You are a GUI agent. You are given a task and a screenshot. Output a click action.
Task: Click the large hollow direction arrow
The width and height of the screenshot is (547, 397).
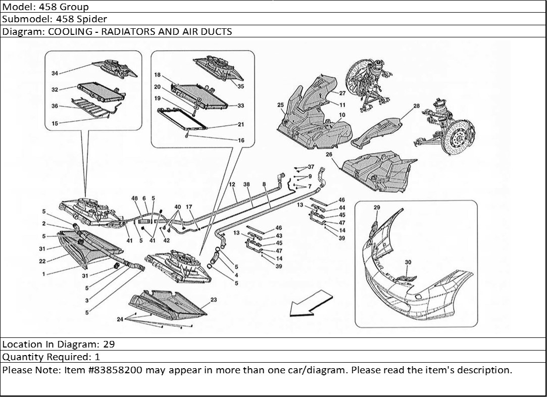[x=308, y=303]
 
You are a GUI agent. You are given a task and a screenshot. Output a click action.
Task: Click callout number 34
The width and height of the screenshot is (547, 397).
[x=54, y=74]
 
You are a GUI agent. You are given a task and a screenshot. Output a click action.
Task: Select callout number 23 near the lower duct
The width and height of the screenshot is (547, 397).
[x=213, y=300]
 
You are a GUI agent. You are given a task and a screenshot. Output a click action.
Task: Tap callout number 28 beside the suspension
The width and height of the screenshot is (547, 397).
[x=416, y=107]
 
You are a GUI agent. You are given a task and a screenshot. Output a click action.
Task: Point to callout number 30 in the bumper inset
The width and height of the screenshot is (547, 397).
[x=408, y=262]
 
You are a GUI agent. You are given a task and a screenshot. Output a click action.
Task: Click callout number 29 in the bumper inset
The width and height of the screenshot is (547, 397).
[x=376, y=208]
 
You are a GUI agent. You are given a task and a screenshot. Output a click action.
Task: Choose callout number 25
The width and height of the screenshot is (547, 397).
[x=280, y=105]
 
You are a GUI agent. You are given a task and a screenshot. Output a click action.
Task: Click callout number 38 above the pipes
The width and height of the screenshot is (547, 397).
[x=246, y=184]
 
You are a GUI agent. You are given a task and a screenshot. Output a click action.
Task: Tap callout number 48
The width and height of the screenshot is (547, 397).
[x=135, y=199]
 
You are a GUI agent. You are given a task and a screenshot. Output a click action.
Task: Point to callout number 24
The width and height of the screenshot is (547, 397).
[x=120, y=319]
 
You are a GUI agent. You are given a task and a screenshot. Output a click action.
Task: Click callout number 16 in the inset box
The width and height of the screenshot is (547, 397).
[x=241, y=140]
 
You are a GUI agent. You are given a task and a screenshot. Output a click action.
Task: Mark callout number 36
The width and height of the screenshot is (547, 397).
[x=55, y=106]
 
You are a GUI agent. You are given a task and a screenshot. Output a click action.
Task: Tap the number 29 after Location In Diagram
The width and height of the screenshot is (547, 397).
[x=109, y=344]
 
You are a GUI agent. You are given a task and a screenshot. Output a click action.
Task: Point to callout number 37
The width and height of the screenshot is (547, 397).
[x=311, y=167]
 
